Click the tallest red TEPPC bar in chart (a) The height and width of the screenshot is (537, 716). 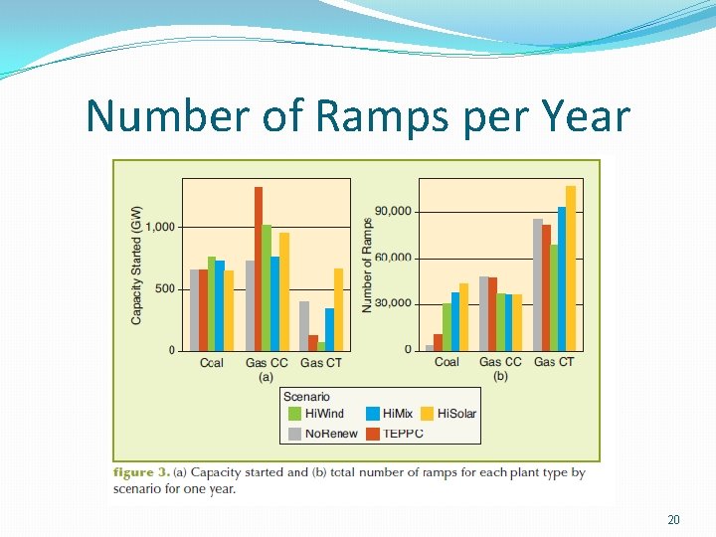[259, 268]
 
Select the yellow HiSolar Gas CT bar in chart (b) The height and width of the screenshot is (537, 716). [571, 268]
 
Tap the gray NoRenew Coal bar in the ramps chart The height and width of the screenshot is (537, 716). [430, 348]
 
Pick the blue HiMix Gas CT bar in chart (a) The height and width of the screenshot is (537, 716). [329, 329]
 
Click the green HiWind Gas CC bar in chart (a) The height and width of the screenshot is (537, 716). [267, 287]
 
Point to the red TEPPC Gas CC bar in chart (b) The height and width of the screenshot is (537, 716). [492, 313]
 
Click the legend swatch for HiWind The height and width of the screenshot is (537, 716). [295, 414]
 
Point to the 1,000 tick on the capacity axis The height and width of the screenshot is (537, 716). [160, 227]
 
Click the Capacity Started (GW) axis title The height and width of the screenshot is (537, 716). [136, 264]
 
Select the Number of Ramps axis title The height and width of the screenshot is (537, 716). [367, 265]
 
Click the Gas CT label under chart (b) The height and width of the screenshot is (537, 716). [554, 362]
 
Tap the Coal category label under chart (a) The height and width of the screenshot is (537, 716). [212, 363]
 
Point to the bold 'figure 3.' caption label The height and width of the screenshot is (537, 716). [141, 472]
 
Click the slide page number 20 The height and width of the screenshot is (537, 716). [674, 520]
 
